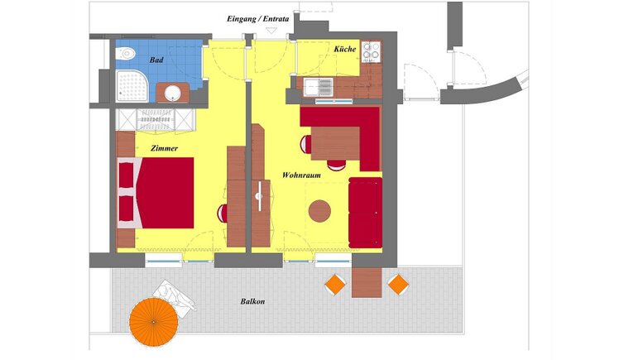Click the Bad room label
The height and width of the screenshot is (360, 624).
point(156,60)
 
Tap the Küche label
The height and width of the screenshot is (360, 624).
point(345,49)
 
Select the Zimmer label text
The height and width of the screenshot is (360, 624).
point(164,148)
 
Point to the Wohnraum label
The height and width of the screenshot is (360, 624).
point(301,175)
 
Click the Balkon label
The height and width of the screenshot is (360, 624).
point(252,301)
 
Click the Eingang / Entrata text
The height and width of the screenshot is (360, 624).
point(258,19)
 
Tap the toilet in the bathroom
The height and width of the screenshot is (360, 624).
point(125,53)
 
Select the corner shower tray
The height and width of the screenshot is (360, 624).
point(132,86)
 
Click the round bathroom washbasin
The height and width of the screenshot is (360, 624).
point(173,94)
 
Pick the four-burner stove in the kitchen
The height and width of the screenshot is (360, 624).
point(372,51)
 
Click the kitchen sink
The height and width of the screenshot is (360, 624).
point(319,87)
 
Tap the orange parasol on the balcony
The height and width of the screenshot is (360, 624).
point(154,321)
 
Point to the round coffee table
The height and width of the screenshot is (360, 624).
point(319,211)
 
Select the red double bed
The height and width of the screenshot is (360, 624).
point(156,193)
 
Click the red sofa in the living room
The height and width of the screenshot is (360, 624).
point(365,213)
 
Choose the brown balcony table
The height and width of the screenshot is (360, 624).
point(367,282)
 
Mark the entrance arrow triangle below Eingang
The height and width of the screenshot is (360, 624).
point(271,31)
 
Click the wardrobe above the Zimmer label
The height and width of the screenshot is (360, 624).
point(156,119)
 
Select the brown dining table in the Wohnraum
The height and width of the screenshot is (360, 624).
point(335,143)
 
